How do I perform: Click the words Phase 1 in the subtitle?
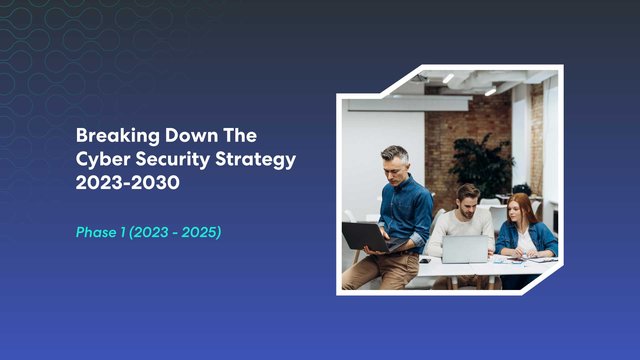click(x=102, y=232)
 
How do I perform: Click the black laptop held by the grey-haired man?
click(x=364, y=237)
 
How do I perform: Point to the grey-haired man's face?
click(x=396, y=164)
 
